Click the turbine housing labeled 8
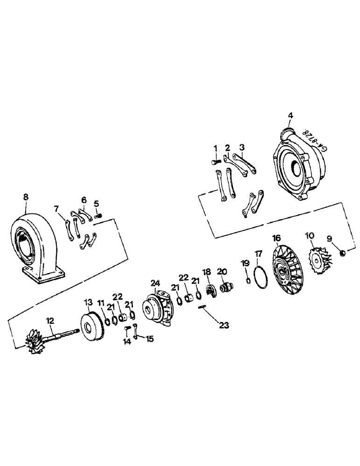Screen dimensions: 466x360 [35, 242]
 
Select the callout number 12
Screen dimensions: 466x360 [50, 320]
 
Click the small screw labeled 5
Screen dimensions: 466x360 [98, 216]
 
